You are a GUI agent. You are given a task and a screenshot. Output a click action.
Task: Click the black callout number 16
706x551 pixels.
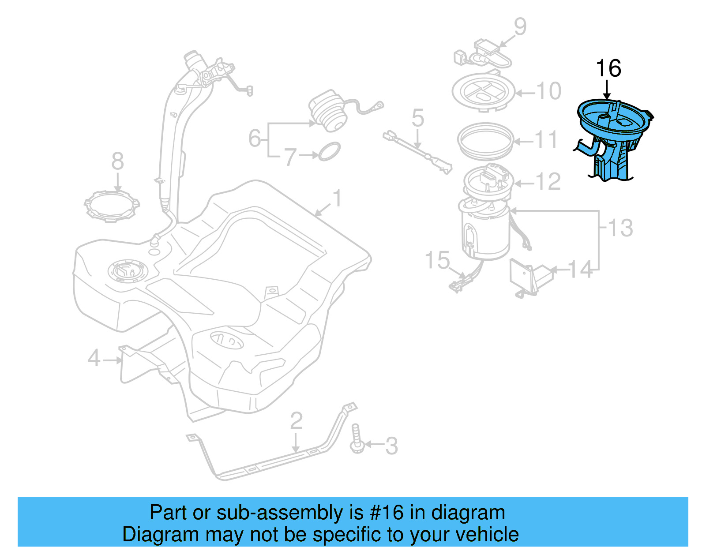point(608,69)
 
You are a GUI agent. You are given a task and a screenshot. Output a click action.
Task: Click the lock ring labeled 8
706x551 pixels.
point(112,206)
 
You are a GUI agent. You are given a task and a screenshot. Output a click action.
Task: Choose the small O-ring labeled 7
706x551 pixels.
point(329,151)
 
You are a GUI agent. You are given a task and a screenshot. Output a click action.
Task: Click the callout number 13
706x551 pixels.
point(620,228)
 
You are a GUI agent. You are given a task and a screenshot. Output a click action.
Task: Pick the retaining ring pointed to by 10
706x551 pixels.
point(484,93)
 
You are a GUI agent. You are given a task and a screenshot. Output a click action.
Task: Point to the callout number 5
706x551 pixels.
point(417,118)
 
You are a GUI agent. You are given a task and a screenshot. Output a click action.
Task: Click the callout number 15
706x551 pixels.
point(437,260)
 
